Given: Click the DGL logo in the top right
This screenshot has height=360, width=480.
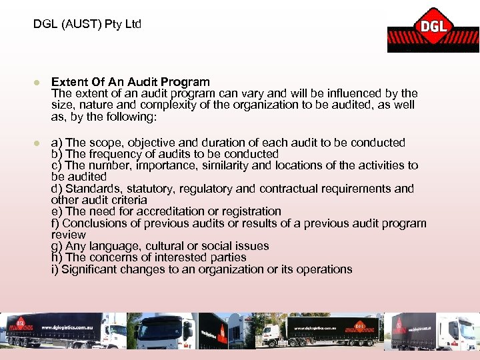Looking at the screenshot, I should click(433, 30).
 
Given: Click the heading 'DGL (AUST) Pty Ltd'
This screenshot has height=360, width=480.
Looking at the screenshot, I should click(87, 25).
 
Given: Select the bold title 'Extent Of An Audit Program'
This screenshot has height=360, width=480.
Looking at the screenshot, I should click(130, 82).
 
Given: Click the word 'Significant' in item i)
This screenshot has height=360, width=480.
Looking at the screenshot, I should click(89, 269).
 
